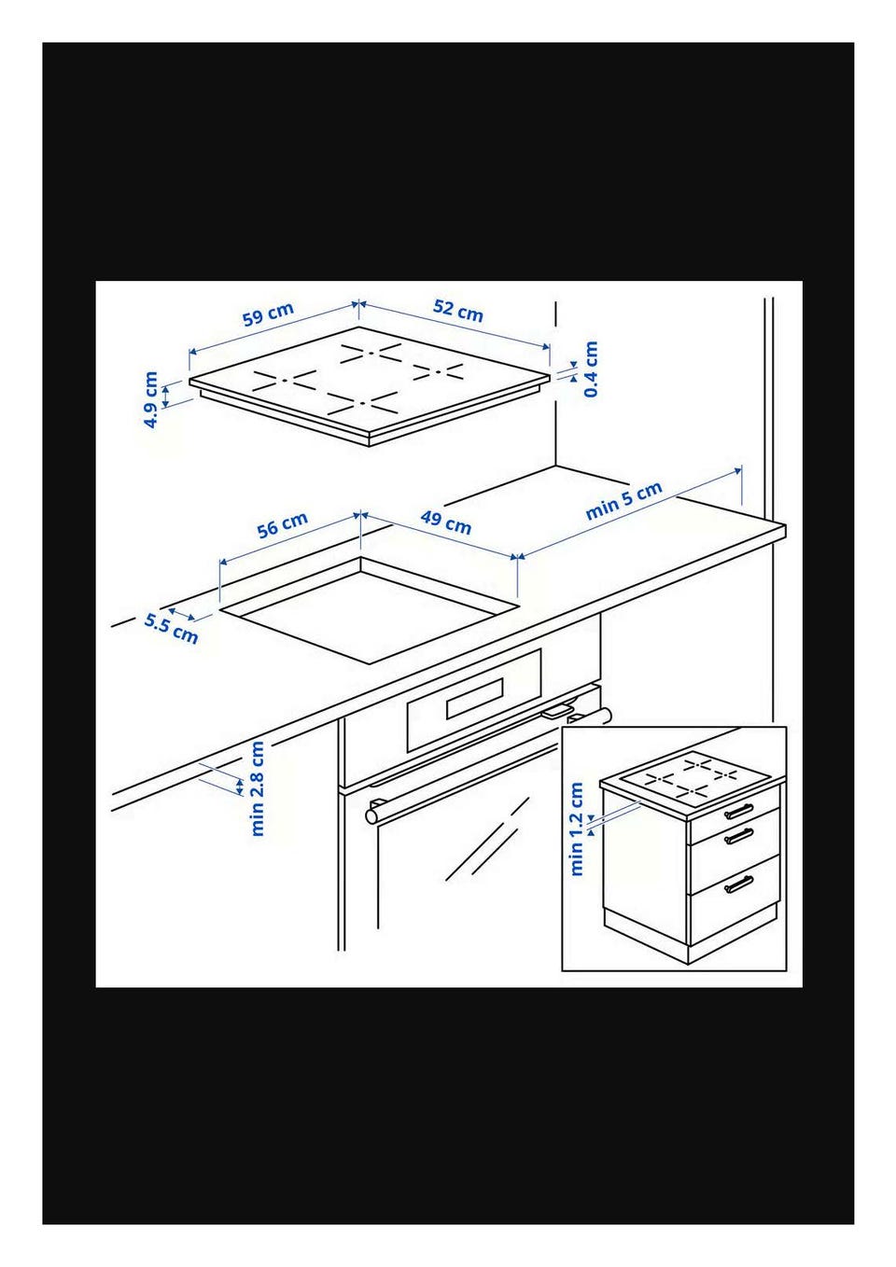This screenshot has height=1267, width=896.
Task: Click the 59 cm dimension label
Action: click(x=268, y=314)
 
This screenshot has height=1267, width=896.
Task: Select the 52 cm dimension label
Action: click(x=458, y=311)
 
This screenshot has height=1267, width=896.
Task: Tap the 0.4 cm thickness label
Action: click(x=591, y=369)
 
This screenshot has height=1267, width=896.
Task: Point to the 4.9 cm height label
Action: click(x=150, y=400)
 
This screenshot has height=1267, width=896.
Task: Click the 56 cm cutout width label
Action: click(x=282, y=524)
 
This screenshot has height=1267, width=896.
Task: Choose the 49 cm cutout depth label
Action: click(x=446, y=522)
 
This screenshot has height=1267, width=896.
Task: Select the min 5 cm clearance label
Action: click(x=623, y=501)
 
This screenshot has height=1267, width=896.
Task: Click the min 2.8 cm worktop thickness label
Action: click(x=257, y=788)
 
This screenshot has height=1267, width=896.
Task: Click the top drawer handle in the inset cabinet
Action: click(x=739, y=811)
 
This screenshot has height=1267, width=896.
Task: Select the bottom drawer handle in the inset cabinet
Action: click(x=739, y=885)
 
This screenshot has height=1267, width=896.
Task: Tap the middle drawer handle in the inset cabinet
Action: click(x=739, y=835)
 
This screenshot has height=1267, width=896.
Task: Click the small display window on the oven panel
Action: click(x=474, y=699)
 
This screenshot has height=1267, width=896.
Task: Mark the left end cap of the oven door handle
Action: click(x=372, y=815)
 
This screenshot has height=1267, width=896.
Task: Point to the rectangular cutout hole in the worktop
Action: click(x=369, y=610)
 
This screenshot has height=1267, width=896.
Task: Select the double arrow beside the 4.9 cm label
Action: click(x=166, y=396)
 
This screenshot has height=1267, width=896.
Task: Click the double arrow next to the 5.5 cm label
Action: click(x=182, y=614)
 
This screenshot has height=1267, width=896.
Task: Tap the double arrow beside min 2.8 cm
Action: click(x=239, y=787)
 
